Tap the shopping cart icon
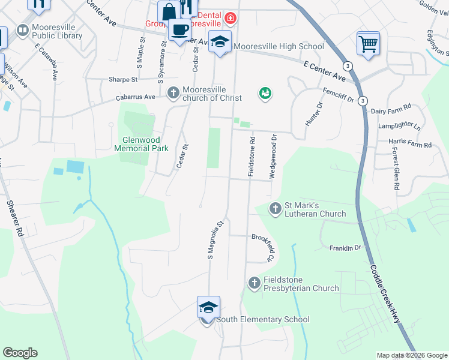point(367,43)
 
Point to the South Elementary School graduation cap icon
point(208,308)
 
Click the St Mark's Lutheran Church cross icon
point(275,209)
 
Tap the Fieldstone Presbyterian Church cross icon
point(254,282)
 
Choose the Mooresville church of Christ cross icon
point(173,92)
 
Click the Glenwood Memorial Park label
point(141,144)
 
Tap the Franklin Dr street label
point(345,247)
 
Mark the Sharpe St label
point(123,79)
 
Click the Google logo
point(20,353)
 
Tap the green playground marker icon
point(265,93)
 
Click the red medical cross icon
point(231,19)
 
